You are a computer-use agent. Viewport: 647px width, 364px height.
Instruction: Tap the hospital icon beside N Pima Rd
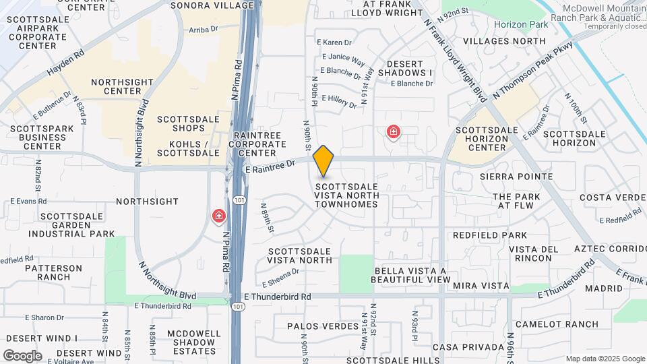[x=219, y=216]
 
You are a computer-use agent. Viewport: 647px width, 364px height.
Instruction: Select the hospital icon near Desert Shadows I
[x=393, y=131]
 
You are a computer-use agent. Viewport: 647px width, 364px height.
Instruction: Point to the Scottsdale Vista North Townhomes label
[x=347, y=195]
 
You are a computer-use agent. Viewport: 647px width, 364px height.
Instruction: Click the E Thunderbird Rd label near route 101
[x=278, y=297]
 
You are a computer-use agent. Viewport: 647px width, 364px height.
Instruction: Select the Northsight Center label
[x=116, y=86]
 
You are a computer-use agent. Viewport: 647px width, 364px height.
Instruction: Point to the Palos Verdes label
[x=323, y=326]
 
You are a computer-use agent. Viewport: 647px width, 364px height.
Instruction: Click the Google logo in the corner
[x=22, y=355]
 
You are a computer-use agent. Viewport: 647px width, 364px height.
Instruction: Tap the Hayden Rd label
[x=65, y=63]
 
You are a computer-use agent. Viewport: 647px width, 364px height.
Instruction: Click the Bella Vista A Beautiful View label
[x=410, y=275]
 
